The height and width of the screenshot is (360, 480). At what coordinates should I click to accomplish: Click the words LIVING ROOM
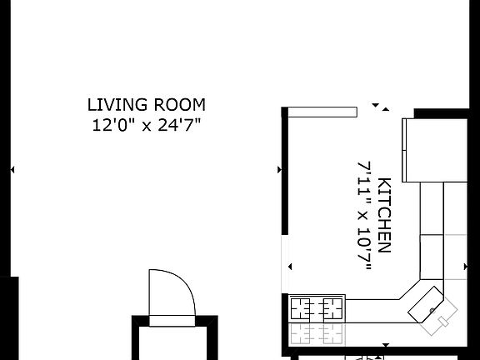pos(147,105)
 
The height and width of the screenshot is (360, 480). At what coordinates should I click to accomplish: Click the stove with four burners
pos(317,309)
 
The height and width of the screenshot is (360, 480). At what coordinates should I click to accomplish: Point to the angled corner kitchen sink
pos(434,309)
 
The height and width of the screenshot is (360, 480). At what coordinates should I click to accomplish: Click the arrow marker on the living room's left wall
pos(12,170)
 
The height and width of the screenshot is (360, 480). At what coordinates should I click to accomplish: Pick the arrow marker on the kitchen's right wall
pos(466,267)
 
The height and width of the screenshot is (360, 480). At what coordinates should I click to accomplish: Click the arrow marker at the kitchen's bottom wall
pos(385,344)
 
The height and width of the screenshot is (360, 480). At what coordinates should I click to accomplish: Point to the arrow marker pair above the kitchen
pos(380,107)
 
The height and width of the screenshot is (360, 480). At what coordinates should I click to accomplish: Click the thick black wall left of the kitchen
pos(285,175)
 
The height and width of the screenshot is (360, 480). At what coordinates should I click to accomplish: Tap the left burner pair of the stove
pos(302,309)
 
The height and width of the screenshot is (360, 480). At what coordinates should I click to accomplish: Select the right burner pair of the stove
pos(332,309)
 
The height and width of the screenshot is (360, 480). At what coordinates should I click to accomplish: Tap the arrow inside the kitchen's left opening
pos(290,267)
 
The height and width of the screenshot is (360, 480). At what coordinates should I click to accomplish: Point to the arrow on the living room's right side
pos(278,170)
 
